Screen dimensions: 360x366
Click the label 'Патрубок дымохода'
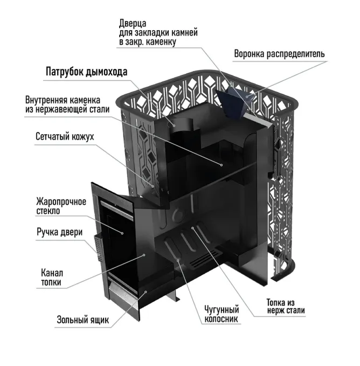pos(86,72)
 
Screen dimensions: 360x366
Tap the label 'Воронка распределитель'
pos(279,54)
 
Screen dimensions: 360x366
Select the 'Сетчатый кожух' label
pos(65,136)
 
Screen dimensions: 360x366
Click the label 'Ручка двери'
pos(59,232)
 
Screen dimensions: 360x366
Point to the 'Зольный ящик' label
pos(83,320)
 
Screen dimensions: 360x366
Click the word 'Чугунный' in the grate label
pos(221,309)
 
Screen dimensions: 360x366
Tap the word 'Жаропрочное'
pos(61,202)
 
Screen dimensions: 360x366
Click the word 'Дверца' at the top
pos(133,23)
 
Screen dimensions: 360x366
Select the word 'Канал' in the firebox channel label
pos(52,273)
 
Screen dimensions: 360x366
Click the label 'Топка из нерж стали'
pos(286,306)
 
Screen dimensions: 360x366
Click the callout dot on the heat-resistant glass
pos(122,233)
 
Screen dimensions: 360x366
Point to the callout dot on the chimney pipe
pos(174,126)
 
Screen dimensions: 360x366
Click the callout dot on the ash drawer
pos(146,292)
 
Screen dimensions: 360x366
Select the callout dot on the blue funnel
pos(247,96)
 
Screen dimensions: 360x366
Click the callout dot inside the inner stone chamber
pos(221,165)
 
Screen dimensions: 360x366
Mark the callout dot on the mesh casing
pos(153,187)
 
